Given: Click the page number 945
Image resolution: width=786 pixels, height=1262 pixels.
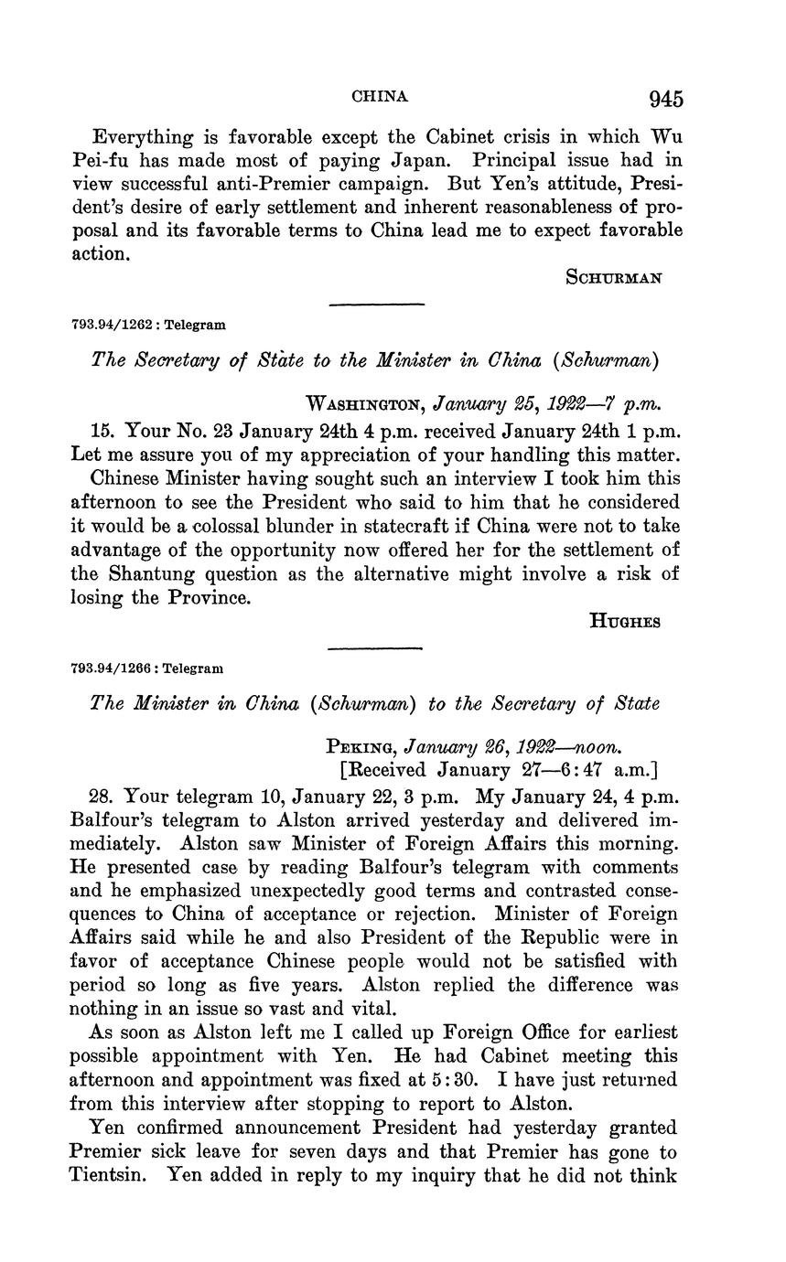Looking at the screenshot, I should pyautogui.click(x=665, y=99).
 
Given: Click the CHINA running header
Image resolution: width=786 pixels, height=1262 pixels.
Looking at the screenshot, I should pyautogui.click(x=380, y=96).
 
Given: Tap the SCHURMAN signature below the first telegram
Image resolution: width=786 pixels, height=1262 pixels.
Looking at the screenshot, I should pyautogui.click(x=614, y=278).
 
